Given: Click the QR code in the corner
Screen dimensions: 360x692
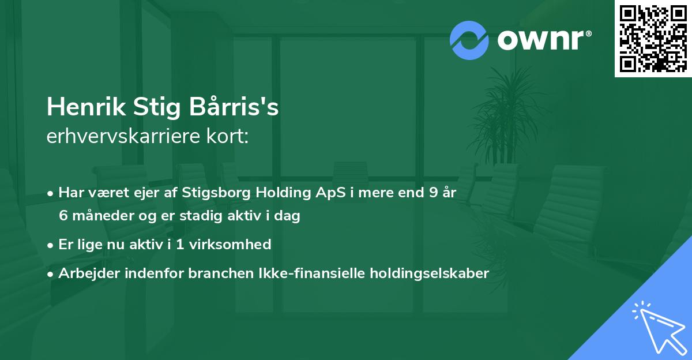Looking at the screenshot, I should tap(653, 38).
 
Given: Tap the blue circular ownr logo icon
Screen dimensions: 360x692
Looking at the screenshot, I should tap(469, 40).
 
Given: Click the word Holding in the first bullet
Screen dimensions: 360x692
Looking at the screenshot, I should tap(276, 193).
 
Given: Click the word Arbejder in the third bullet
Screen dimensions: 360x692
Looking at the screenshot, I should tap(85, 273).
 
